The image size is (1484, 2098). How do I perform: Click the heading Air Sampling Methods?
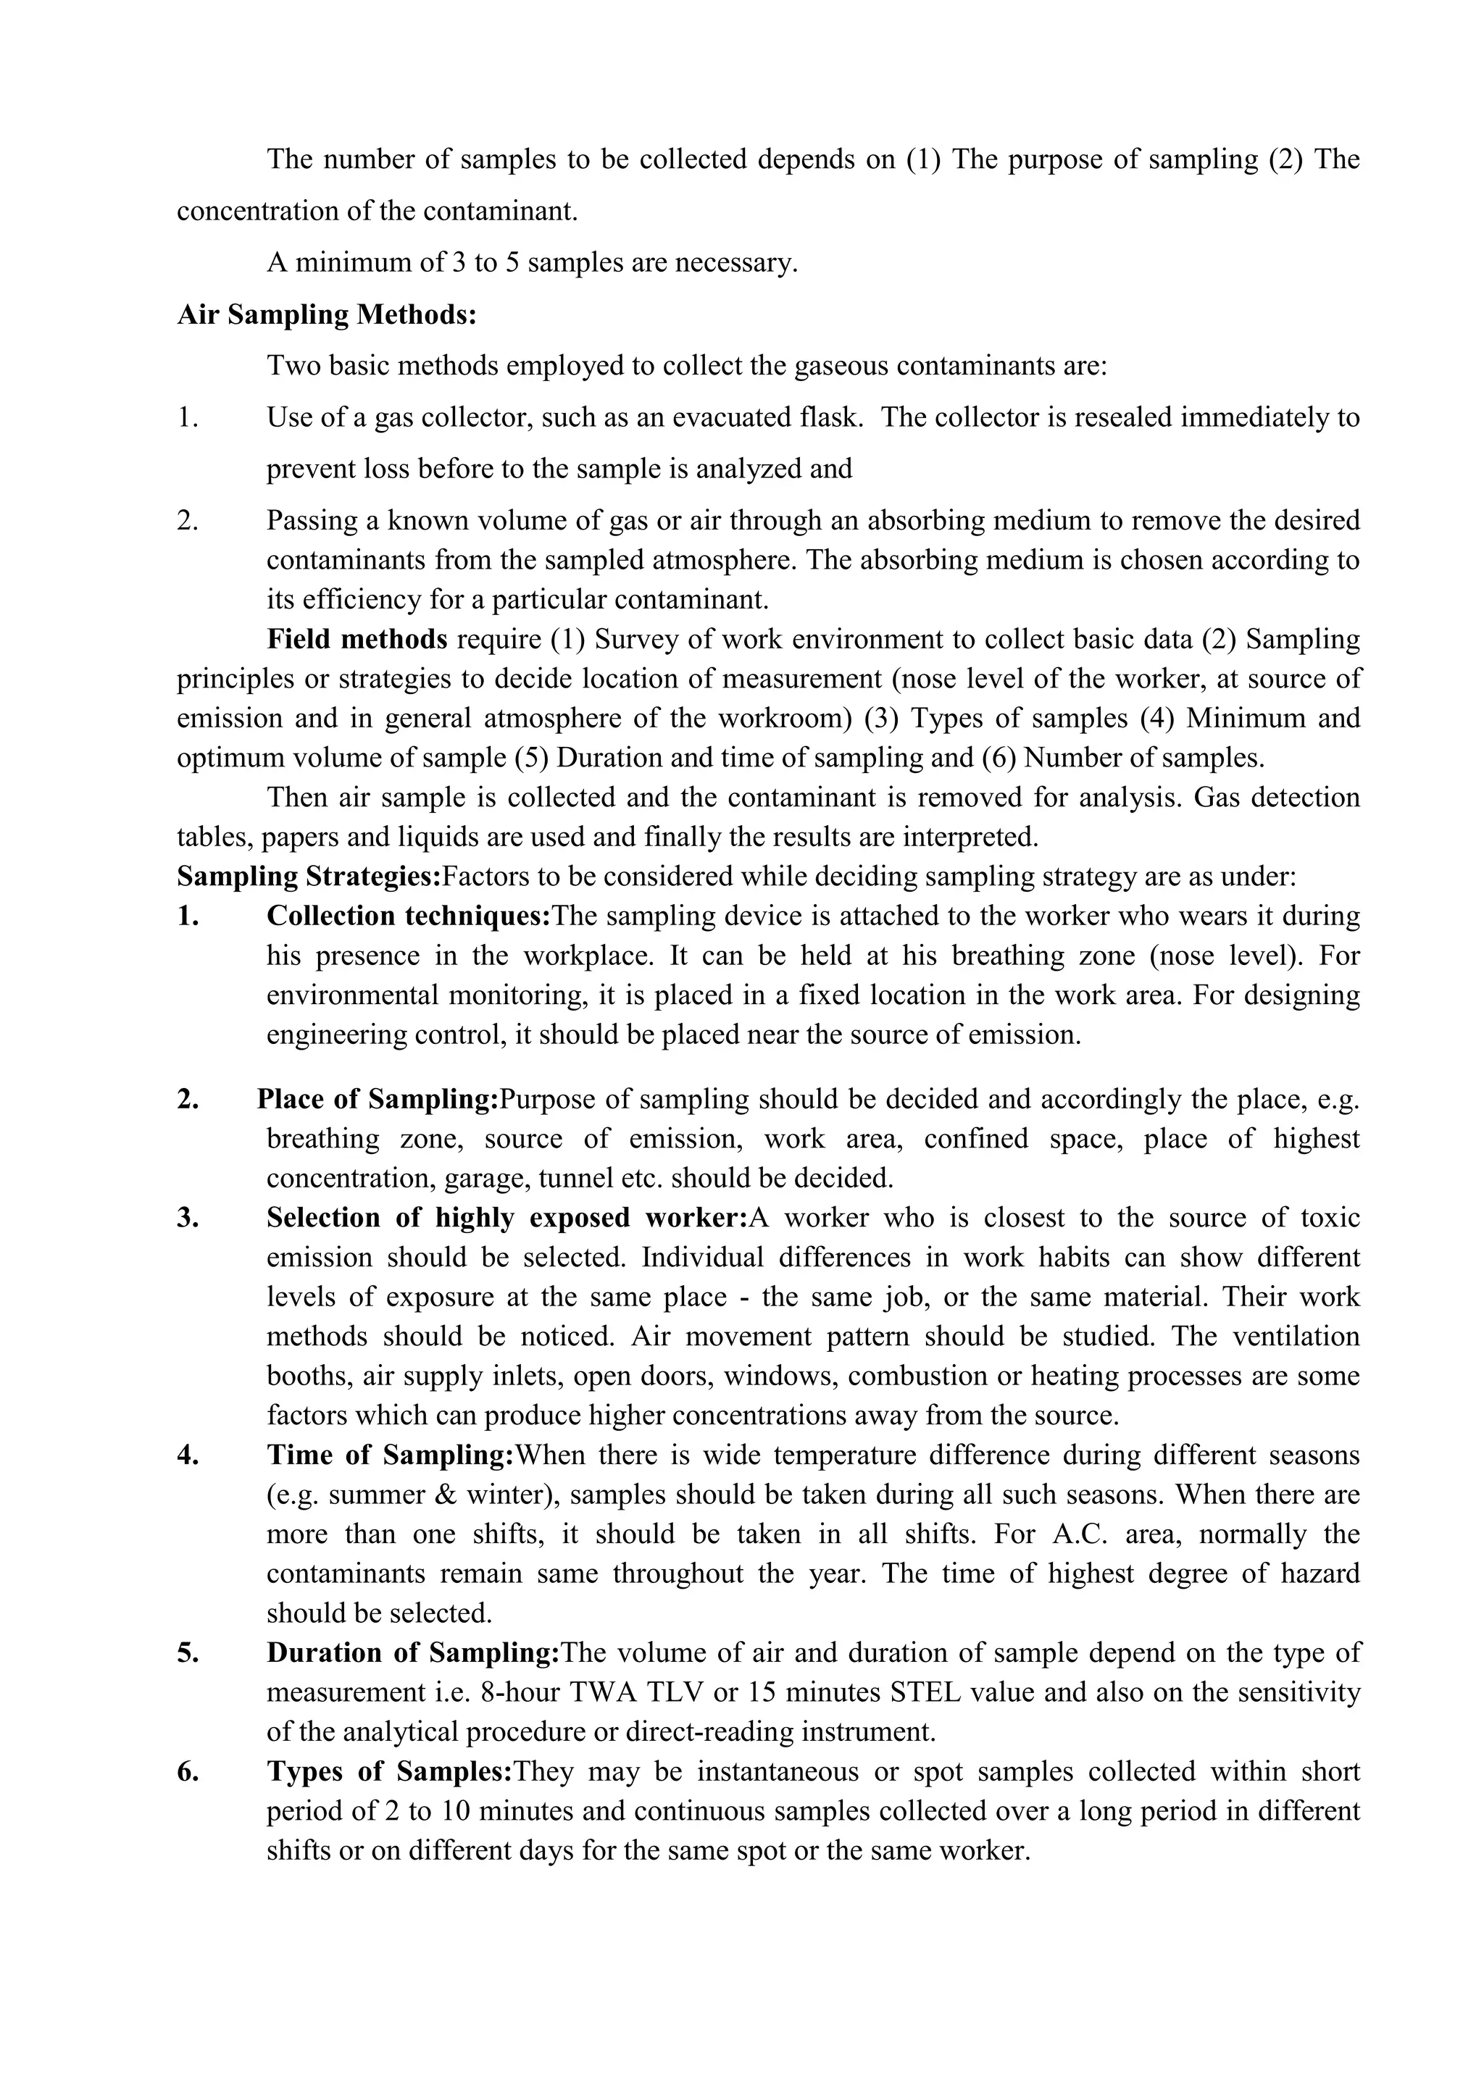[x=326, y=314]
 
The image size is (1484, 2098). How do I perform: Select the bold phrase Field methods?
[x=357, y=639]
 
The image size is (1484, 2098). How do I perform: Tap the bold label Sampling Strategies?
[x=309, y=877]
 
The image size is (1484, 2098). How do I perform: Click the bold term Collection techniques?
[x=409, y=916]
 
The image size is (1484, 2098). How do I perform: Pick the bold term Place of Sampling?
[x=378, y=1099]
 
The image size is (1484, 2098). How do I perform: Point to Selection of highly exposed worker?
[x=507, y=1218]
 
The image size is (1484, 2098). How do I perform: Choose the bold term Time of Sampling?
[x=391, y=1455]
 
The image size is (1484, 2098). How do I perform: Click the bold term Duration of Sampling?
[x=412, y=1653]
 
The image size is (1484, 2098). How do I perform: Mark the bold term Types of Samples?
[x=389, y=1772]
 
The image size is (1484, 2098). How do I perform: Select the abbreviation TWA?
[x=603, y=1692]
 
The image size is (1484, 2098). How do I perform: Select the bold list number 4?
[x=188, y=1455]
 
